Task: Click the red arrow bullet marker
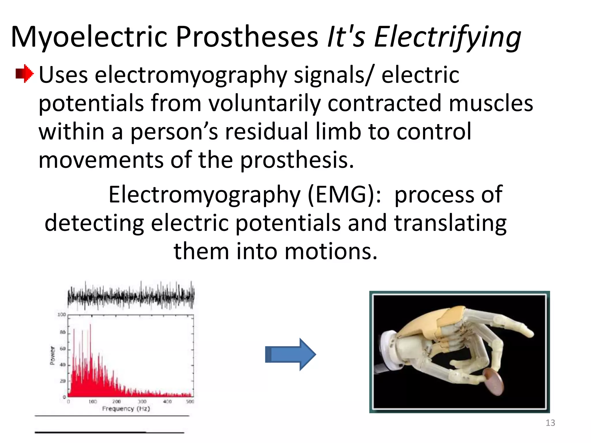[x=25, y=73]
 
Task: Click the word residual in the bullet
[x=267, y=131]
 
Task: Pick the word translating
[x=450, y=223]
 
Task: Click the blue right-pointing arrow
[x=290, y=354]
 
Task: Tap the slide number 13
[x=550, y=423]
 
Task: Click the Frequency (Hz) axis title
[x=126, y=409]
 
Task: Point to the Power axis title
[x=53, y=355]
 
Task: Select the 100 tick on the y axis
[x=61, y=314]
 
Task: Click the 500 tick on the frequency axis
[x=190, y=401]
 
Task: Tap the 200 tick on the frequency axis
[x=117, y=401]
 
